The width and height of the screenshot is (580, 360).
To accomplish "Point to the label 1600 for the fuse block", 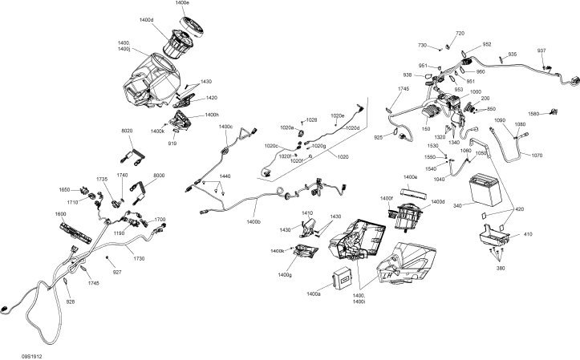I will click(x=60, y=215).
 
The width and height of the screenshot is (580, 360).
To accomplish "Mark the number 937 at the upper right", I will click(x=541, y=51).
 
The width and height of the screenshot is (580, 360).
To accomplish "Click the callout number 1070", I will click(x=537, y=155).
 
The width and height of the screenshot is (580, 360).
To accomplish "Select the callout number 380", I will click(x=501, y=269).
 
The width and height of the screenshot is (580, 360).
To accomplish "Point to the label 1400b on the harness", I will click(x=254, y=221).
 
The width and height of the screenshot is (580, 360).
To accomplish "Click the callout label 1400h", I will click(x=212, y=115).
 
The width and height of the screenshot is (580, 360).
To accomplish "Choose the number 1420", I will click(x=211, y=98).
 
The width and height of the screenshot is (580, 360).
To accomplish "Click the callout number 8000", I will click(x=158, y=175).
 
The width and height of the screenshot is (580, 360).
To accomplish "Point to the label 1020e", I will click(x=336, y=115).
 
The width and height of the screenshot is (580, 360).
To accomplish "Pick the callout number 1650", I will click(x=64, y=189).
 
